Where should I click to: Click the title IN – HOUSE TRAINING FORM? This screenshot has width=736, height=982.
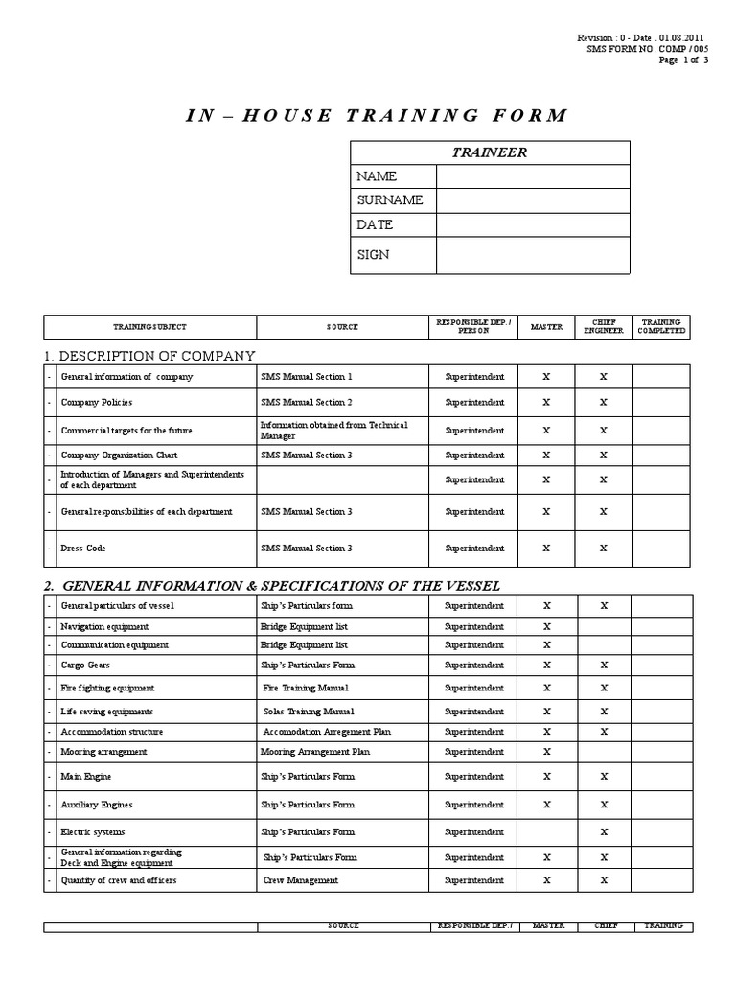tap(375, 116)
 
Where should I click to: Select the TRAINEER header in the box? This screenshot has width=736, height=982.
tap(490, 152)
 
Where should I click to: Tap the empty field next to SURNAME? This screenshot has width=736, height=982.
tap(533, 200)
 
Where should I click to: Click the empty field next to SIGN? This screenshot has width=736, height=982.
tap(533, 255)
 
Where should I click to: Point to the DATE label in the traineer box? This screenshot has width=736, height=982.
tap(375, 224)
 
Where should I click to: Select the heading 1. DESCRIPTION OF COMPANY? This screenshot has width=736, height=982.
tap(149, 356)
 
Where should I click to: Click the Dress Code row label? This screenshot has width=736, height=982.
tap(83, 549)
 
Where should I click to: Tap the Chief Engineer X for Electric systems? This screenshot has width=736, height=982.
tap(603, 832)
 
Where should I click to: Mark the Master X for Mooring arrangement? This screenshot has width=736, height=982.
tap(546, 752)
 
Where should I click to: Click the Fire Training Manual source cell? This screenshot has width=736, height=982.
tap(306, 688)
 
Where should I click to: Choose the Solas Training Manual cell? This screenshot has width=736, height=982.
tap(309, 712)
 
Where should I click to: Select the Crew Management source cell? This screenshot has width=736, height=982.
tap(301, 880)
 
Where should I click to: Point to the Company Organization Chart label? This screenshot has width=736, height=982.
tap(119, 456)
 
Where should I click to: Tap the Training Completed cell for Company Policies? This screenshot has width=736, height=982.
tap(661, 402)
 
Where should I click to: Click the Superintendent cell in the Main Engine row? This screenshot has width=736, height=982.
tap(474, 777)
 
